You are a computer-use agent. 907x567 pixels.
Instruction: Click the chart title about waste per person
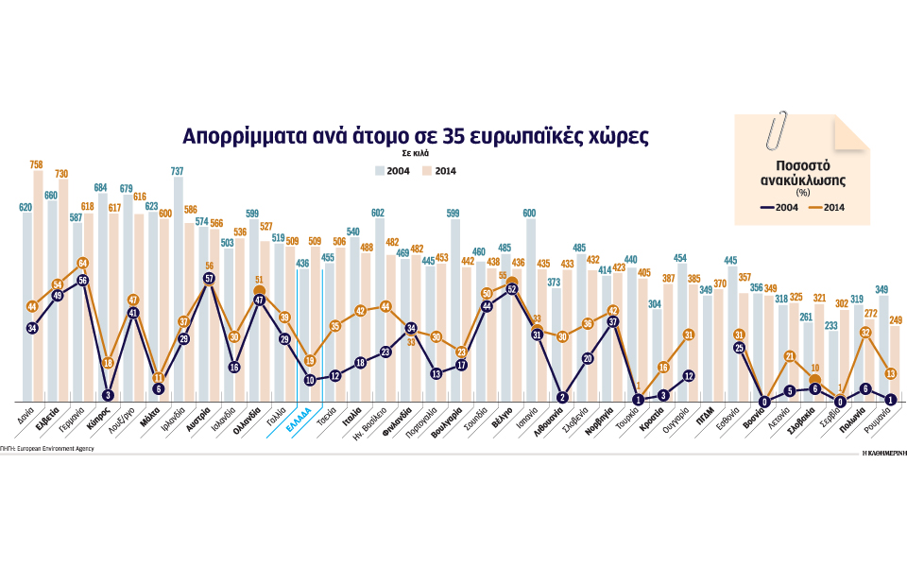416,134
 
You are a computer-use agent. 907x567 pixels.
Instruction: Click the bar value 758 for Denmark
37,163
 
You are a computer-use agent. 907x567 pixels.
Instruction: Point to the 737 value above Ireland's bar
177,171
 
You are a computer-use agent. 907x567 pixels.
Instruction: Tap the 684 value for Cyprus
101,186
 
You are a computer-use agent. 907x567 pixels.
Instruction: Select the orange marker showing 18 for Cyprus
109,363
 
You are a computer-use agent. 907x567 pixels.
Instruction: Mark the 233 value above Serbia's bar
831,325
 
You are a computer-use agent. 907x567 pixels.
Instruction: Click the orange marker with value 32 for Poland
865,333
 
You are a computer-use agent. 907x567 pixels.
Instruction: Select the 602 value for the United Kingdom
378,213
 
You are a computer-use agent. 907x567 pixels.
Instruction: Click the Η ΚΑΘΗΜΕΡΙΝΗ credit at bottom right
883,453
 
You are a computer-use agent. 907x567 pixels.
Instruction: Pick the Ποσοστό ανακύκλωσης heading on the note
802,169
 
